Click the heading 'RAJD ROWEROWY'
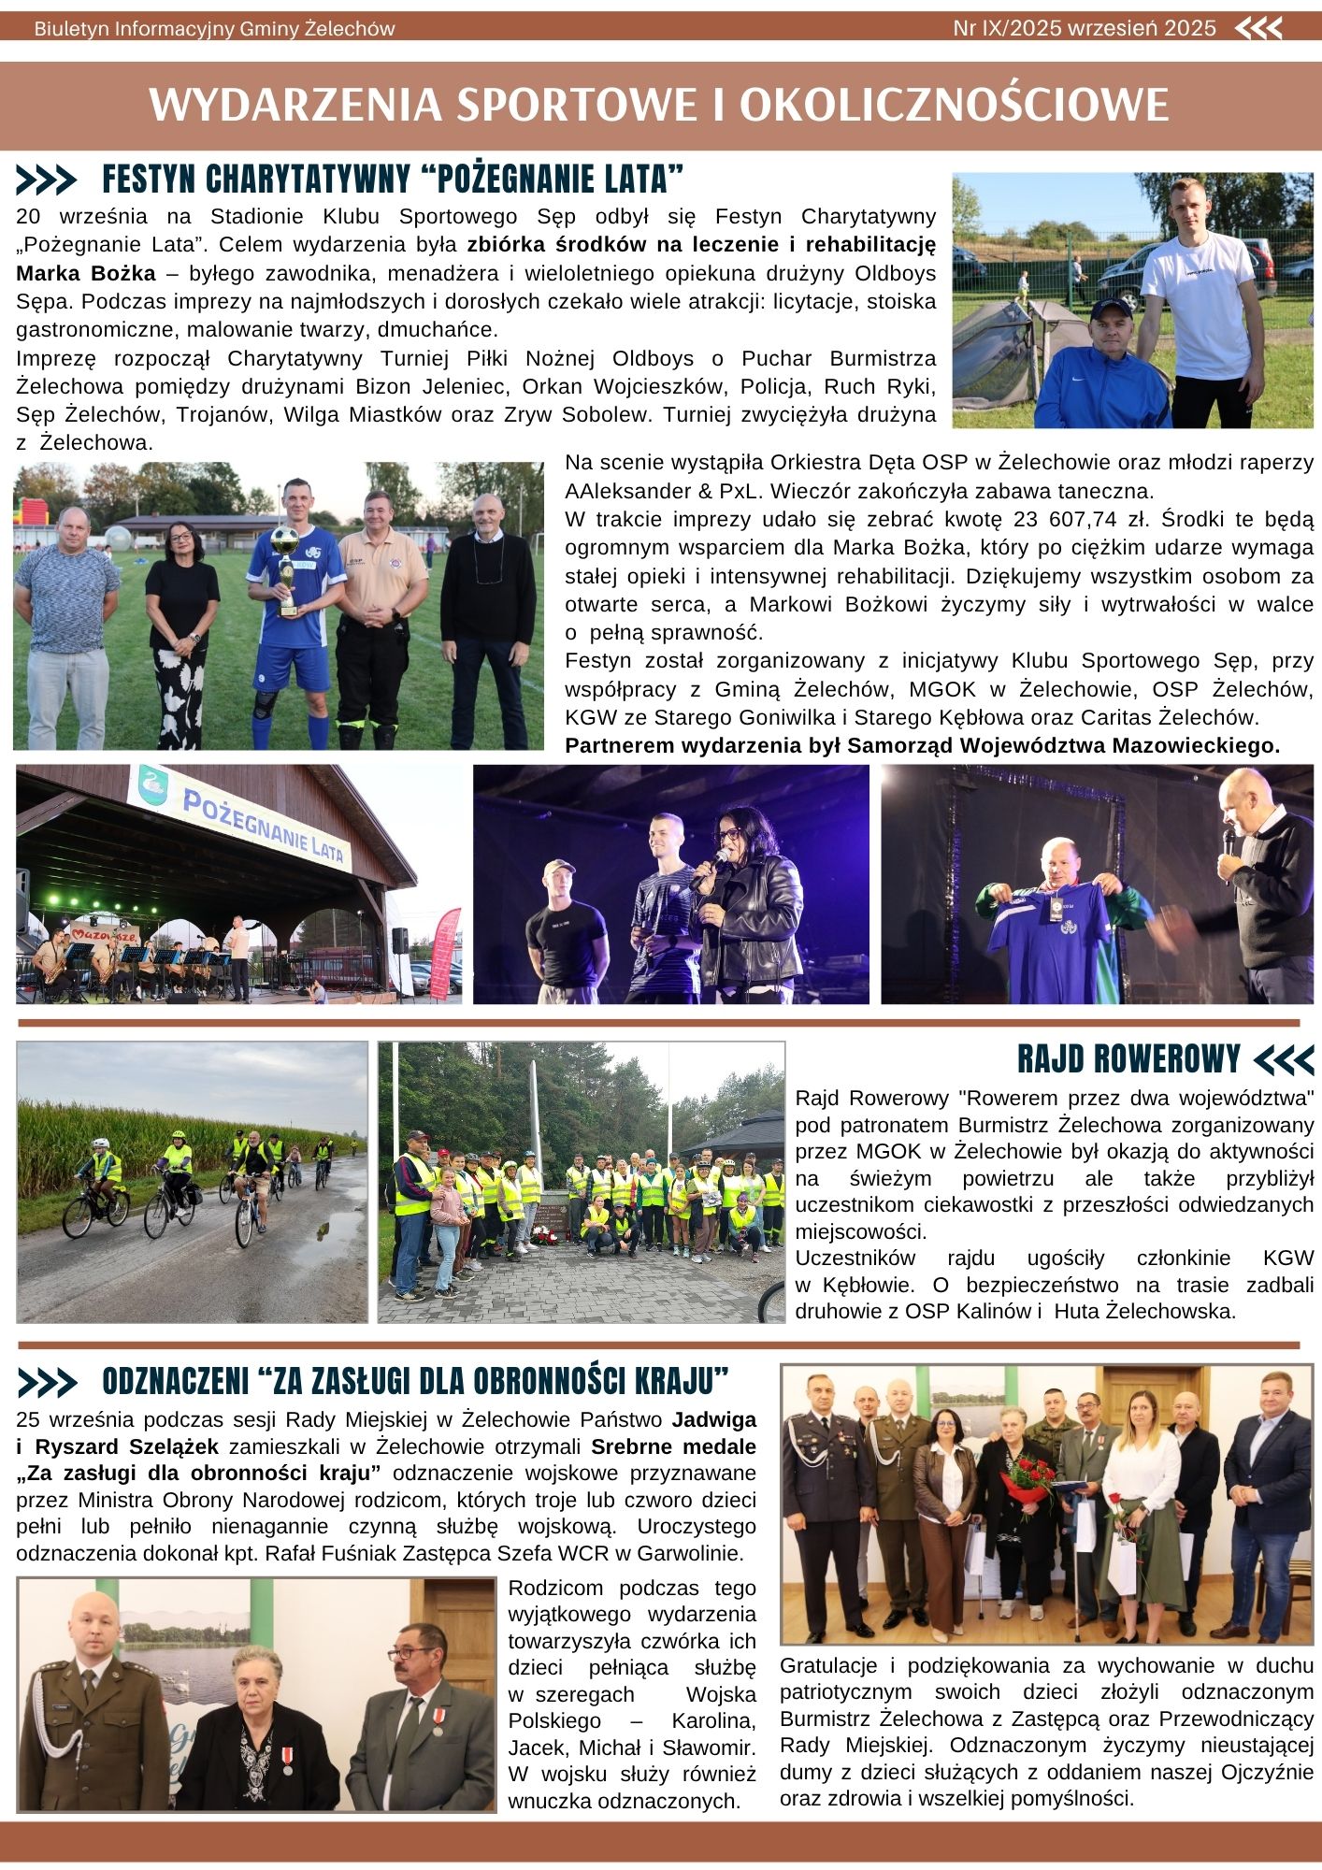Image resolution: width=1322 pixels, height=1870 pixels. tap(1128, 1058)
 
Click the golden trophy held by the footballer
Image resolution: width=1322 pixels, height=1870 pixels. tap(285, 567)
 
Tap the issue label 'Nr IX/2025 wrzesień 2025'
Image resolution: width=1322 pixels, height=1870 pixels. tap(1085, 28)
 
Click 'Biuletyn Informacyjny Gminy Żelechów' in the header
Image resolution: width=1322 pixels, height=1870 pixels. tap(214, 29)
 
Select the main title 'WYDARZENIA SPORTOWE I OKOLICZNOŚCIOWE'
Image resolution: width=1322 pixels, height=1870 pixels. tap(659, 105)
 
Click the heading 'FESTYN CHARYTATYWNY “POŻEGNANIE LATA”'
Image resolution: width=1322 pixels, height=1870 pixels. tap(393, 179)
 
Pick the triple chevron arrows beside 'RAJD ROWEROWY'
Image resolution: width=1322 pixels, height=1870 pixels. tap(1284, 1059)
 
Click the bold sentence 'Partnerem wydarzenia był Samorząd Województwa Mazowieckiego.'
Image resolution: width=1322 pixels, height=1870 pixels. tap(922, 745)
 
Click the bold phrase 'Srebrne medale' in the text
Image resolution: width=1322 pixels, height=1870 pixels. tap(673, 1446)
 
